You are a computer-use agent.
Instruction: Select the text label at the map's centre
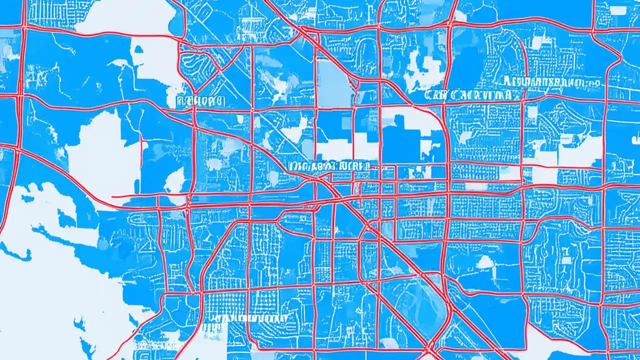click(x=328, y=166)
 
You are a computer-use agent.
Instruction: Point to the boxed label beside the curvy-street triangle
click(x=199, y=101)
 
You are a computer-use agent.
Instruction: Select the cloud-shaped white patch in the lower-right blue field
click(x=485, y=261)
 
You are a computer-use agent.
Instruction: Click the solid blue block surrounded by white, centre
click(x=400, y=135)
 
